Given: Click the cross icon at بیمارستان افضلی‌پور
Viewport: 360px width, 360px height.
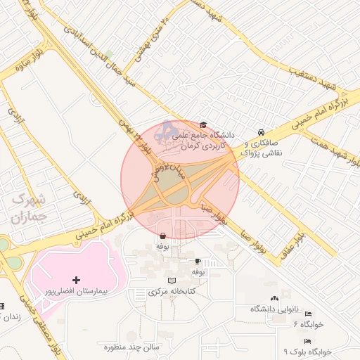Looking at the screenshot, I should point(76,280).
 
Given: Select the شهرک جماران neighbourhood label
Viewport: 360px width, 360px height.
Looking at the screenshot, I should point(27,208).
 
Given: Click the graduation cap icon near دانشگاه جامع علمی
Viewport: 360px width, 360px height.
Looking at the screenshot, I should point(203,125).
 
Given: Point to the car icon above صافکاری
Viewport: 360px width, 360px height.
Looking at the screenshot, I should point(261,132).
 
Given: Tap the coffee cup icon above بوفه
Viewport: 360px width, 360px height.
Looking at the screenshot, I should point(198,261).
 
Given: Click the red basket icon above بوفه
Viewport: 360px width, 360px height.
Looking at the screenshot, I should point(163,236).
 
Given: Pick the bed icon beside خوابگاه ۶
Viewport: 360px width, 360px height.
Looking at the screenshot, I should point(307,314).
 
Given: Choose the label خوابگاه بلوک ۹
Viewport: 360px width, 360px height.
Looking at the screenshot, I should point(307,350).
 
